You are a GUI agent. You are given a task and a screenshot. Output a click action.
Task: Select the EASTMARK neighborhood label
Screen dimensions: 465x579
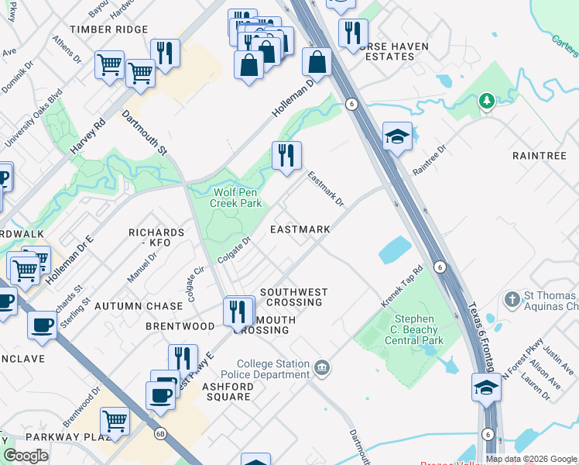(300, 230)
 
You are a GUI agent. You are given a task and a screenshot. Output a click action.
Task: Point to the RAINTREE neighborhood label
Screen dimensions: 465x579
(540, 156)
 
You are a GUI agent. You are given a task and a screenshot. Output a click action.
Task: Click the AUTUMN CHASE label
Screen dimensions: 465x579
(139, 307)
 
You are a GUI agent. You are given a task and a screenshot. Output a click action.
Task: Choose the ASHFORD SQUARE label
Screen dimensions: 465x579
(226, 391)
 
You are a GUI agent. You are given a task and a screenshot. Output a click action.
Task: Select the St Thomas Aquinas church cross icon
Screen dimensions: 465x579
(512, 298)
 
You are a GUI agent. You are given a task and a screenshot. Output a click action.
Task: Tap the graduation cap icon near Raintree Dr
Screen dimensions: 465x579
(397, 136)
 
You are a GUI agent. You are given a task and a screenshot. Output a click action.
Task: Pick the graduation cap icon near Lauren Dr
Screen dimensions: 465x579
(485, 386)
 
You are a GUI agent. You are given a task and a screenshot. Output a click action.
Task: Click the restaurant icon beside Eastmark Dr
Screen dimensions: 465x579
(286, 155)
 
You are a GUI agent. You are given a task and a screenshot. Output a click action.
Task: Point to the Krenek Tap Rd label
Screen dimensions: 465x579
(402, 285)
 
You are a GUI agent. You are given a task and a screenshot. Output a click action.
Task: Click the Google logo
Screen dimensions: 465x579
(26, 456)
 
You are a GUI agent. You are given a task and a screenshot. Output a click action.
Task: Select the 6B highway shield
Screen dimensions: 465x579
(160, 433)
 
